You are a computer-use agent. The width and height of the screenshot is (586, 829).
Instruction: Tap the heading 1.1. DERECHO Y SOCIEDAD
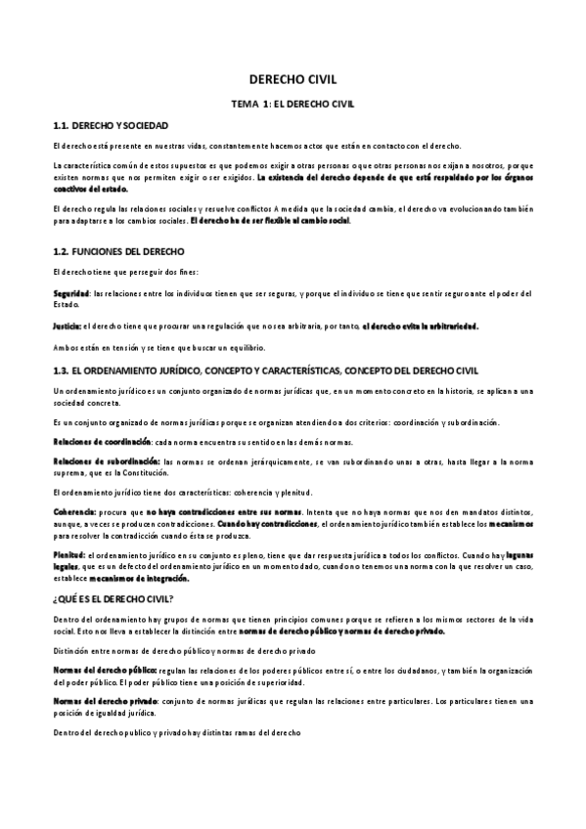pyautogui.click(x=110, y=127)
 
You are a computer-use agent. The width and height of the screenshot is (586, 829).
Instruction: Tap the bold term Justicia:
pyautogui.click(x=68, y=326)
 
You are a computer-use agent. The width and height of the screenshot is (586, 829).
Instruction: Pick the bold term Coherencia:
pyautogui.click(x=73, y=510)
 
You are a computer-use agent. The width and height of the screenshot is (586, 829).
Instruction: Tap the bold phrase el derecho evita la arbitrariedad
pyautogui.click(x=421, y=326)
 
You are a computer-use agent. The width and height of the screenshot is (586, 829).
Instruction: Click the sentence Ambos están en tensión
pyautogui.click(x=158, y=348)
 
